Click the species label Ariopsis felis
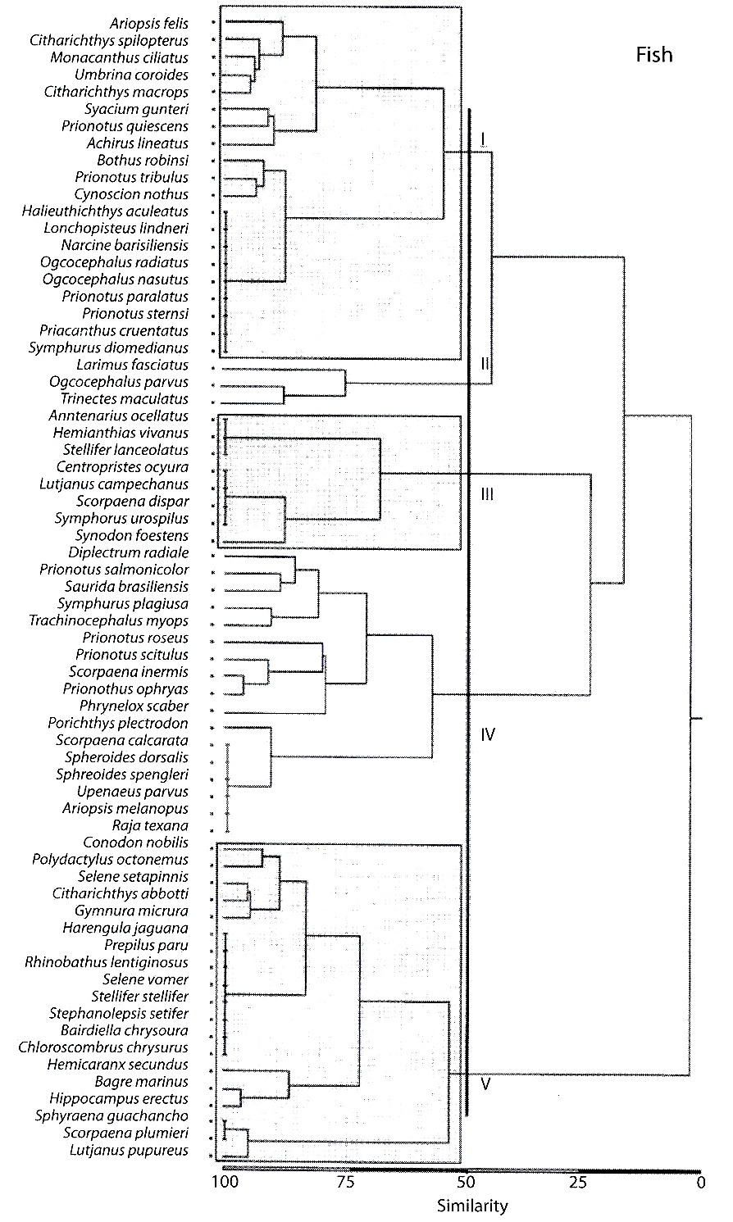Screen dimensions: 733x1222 pyautogui.click(x=149, y=24)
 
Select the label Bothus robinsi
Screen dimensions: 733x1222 pyautogui.click(x=143, y=160)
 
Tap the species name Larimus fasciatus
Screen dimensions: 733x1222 pyautogui.click(x=133, y=365)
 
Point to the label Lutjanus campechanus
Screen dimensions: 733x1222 pyautogui.click(x=114, y=484)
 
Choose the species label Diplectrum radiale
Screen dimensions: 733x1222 pyautogui.click(x=129, y=552)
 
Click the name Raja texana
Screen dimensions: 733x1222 pyautogui.click(x=150, y=825)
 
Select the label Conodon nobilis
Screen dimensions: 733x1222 pyautogui.click(x=136, y=843)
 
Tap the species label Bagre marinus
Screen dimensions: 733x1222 pyautogui.click(x=141, y=1081)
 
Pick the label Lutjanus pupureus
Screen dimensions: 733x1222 pyautogui.click(x=129, y=1150)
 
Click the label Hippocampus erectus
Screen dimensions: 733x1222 pyautogui.click(x=119, y=1099)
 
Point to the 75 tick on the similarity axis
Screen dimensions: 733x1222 pyautogui.click(x=345, y=1182)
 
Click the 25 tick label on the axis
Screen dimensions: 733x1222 pyautogui.click(x=579, y=1182)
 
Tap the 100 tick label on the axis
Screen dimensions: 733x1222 pyautogui.click(x=225, y=1182)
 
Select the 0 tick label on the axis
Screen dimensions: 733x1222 pyautogui.click(x=701, y=1182)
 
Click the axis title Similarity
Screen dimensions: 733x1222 pyautogui.click(x=472, y=1206)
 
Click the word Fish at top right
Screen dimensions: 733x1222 pyautogui.click(x=653, y=55)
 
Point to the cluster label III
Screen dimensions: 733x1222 pyautogui.click(x=487, y=494)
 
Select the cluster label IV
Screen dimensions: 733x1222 pyautogui.click(x=488, y=734)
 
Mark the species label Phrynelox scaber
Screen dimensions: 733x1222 pyautogui.click(x=134, y=706)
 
